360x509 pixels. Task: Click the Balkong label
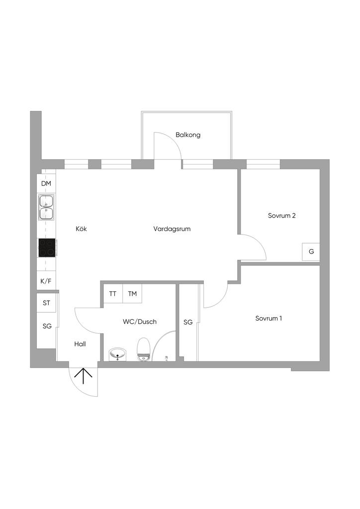pos(188,135)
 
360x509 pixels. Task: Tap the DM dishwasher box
pos(46,184)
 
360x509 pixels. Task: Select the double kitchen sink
pos(46,207)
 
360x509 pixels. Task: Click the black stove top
pos(47,248)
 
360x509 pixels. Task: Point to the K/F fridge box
pos(46,281)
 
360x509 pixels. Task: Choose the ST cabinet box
pos(46,303)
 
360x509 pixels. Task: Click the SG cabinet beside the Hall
pos(47,326)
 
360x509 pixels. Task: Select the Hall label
pos(81,343)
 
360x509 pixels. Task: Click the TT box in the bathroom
pos(113,294)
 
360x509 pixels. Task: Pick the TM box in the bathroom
pos(132,294)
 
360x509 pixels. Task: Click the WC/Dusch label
pos(140,322)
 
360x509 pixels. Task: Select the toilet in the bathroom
pos(144,348)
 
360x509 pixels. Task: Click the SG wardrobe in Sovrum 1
pos(188,322)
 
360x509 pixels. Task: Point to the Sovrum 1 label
pos(269,318)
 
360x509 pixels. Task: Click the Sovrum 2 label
pos(282,216)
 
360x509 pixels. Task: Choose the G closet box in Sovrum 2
pos(311,252)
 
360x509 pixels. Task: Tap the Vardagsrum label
pos(172,229)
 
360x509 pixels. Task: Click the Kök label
pos(82,229)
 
